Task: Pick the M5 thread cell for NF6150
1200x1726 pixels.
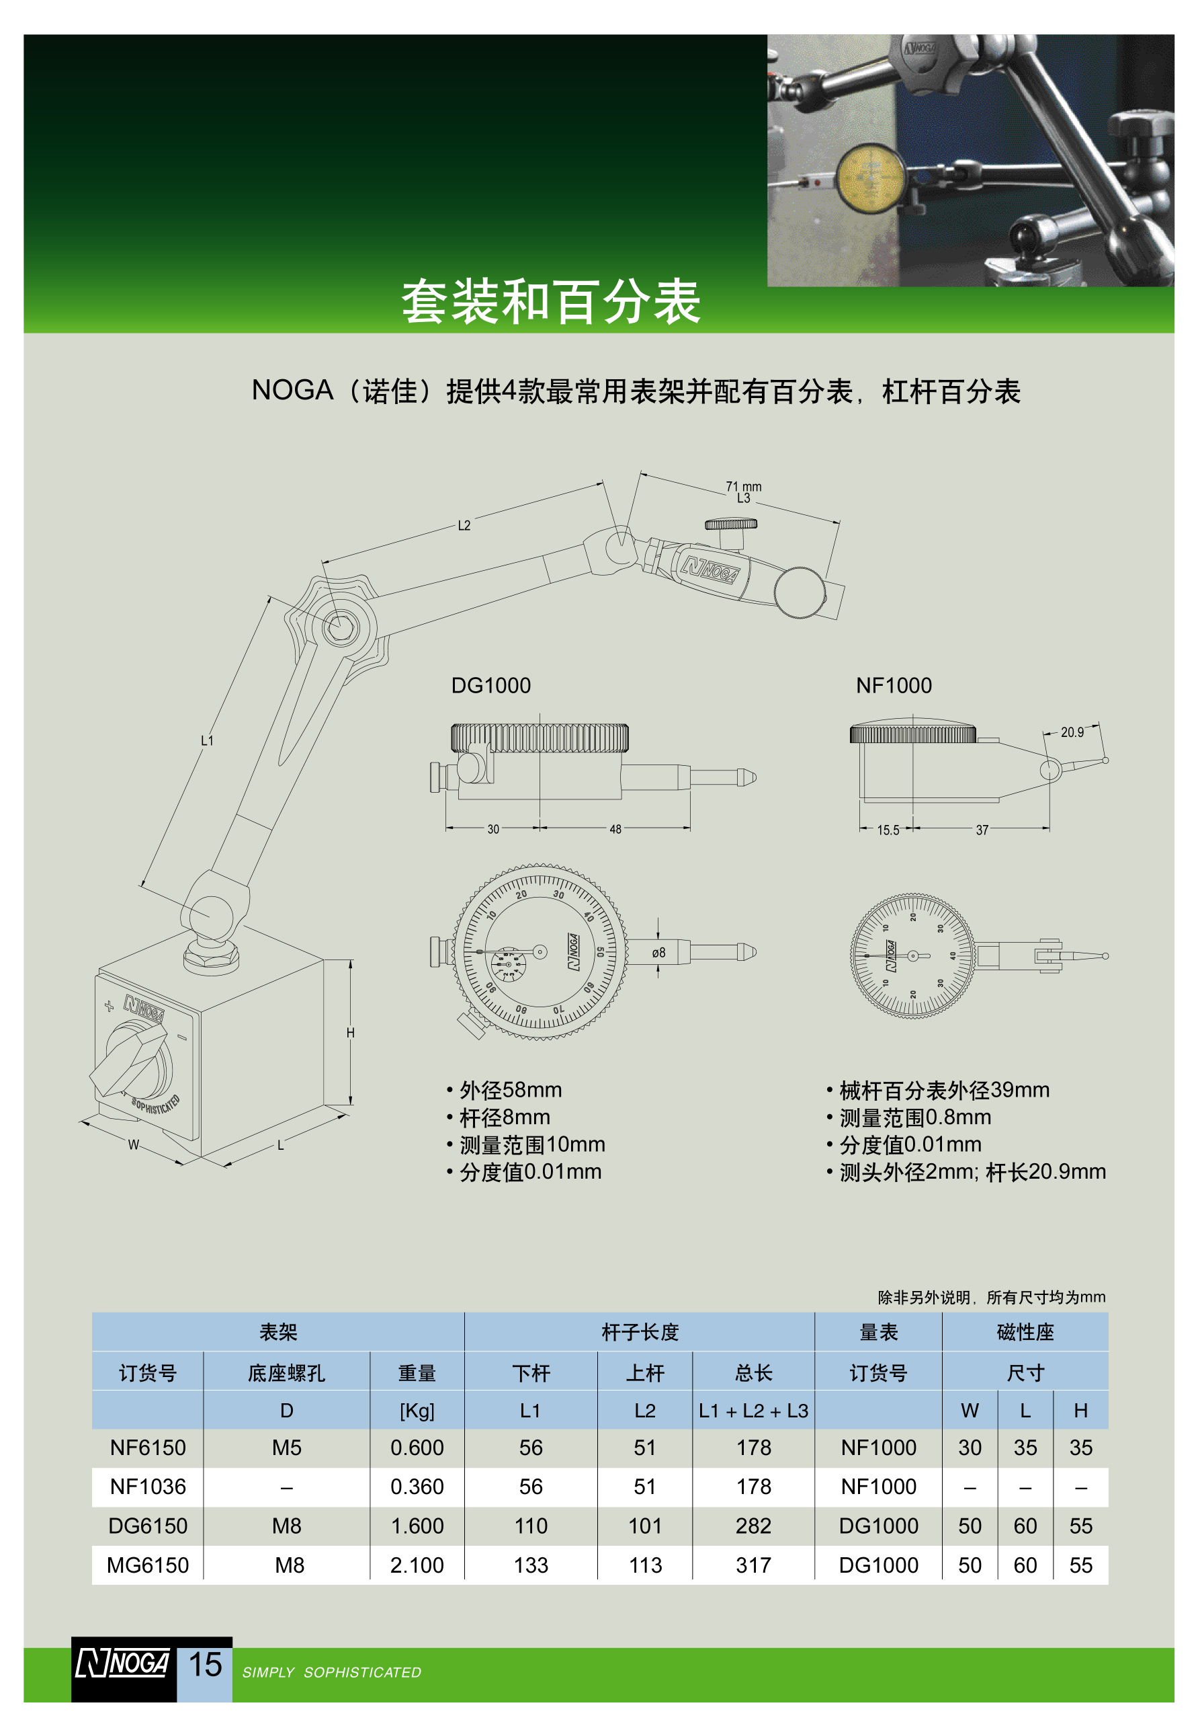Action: click(x=286, y=1447)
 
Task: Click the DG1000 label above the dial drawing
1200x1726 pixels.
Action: click(x=490, y=685)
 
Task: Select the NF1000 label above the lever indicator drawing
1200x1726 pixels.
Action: click(x=894, y=685)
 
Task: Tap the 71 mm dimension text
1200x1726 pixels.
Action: click(x=743, y=485)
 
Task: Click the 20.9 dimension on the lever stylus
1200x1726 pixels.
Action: click(x=1072, y=732)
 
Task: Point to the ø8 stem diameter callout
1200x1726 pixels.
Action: click(x=658, y=953)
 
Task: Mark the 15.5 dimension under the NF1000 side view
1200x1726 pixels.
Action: click(x=888, y=830)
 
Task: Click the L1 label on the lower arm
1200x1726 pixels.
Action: click(x=207, y=740)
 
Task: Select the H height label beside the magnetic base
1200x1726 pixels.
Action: click(x=350, y=1033)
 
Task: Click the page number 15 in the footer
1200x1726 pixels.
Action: click(x=204, y=1664)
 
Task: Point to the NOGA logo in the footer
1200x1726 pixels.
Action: click(x=122, y=1663)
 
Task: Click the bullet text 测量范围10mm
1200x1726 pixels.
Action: click(x=532, y=1144)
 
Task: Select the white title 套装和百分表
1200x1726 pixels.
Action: click(x=551, y=301)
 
